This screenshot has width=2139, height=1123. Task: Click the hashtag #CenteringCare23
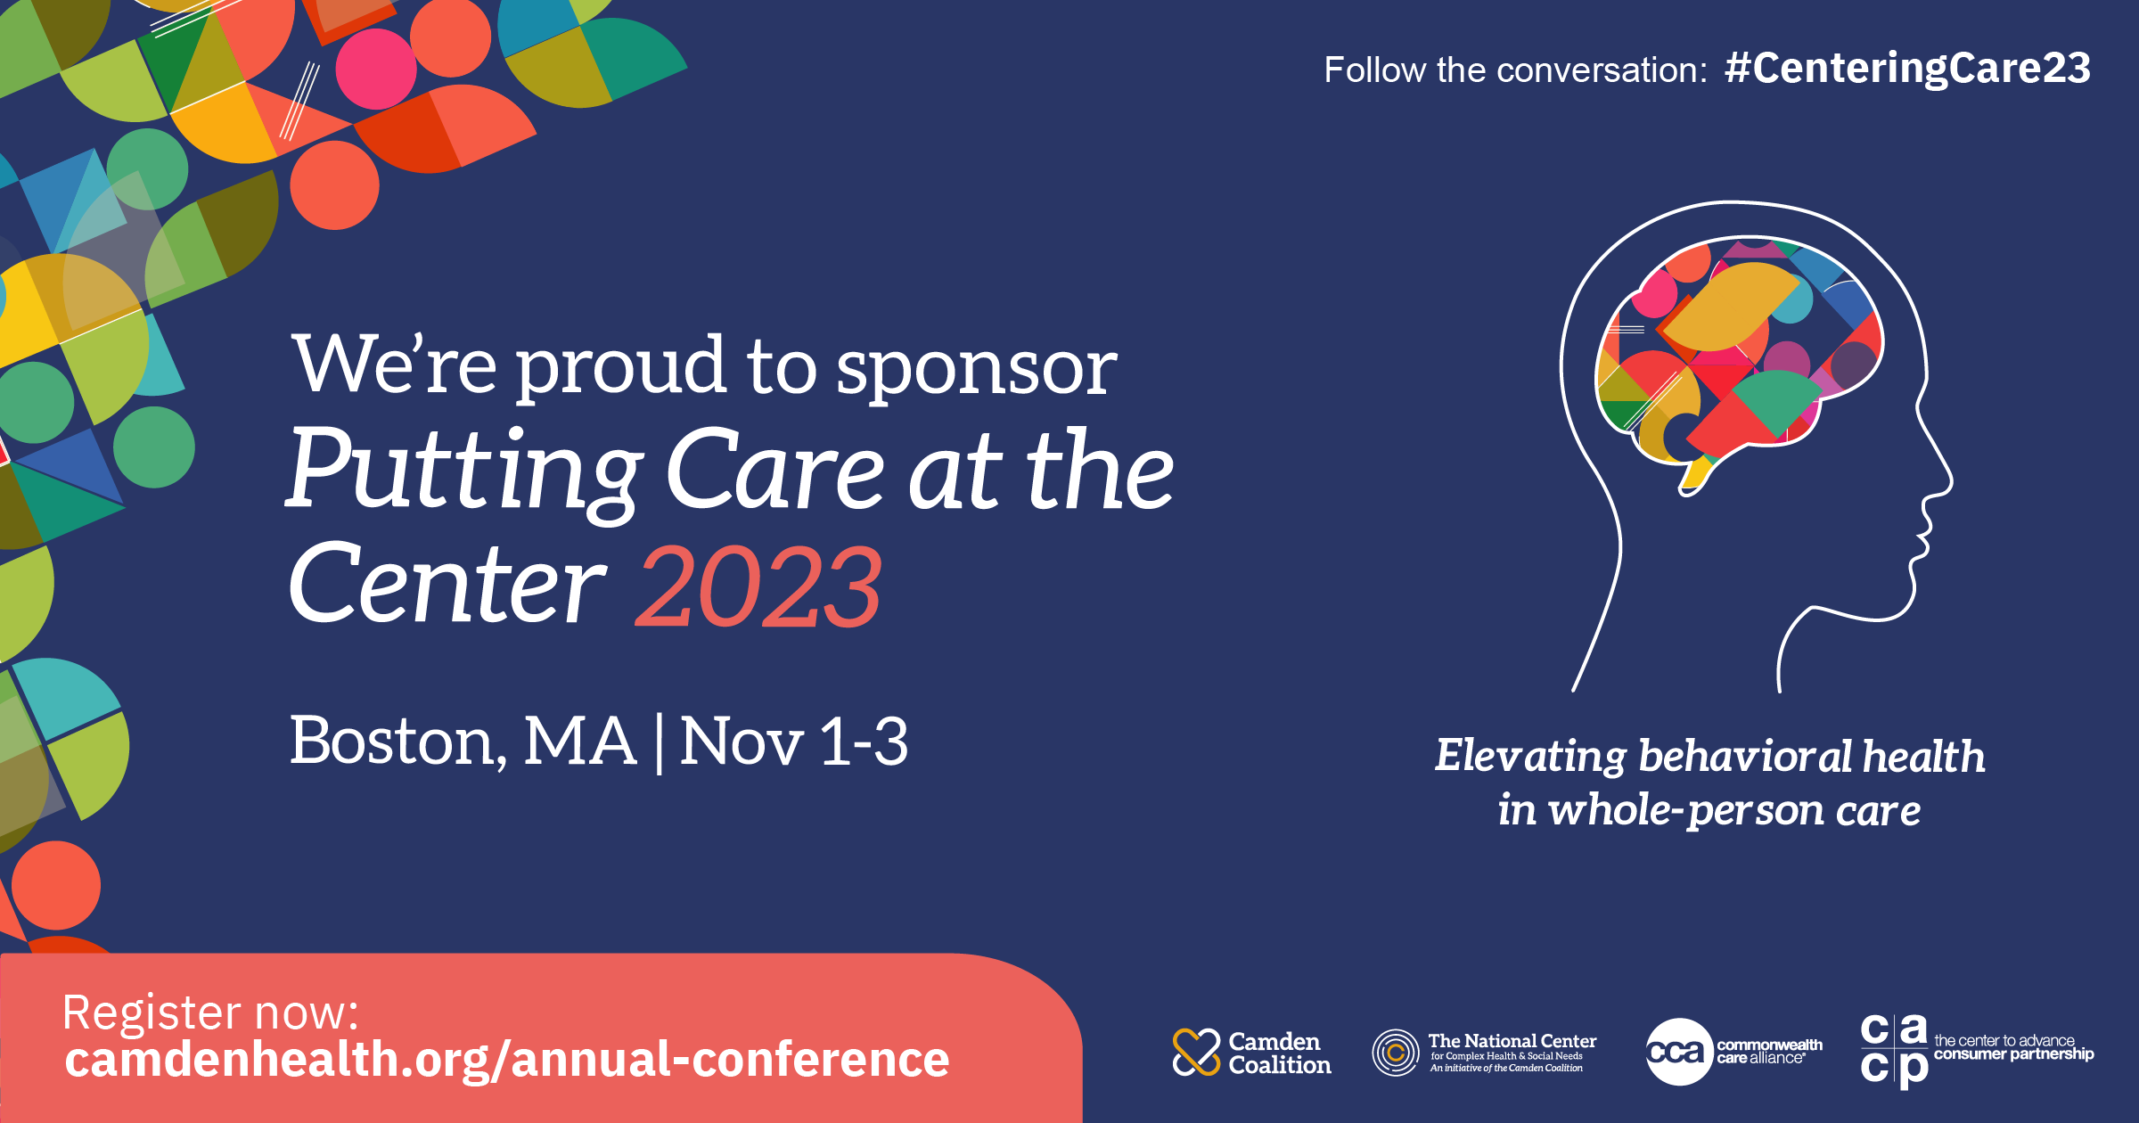(x=1907, y=70)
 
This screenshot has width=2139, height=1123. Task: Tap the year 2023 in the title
(x=759, y=586)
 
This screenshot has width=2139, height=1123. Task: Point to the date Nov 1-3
(x=794, y=742)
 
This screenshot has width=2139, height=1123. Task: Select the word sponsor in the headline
(x=977, y=369)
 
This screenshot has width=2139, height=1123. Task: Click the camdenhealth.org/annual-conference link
(x=507, y=1059)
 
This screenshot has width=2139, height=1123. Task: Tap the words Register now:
(x=210, y=1012)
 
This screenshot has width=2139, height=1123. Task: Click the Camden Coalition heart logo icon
(x=1196, y=1052)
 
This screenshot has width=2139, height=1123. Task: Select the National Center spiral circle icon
(x=1396, y=1053)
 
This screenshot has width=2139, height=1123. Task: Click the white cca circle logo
(x=1679, y=1052)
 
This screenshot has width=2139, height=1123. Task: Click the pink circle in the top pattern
(x=376, y=69)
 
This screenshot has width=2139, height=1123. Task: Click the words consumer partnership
(x=2013, y=1054)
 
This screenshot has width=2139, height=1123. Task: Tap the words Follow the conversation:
(x=1515, y=70)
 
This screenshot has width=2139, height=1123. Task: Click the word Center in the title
(x=447, y=585)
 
